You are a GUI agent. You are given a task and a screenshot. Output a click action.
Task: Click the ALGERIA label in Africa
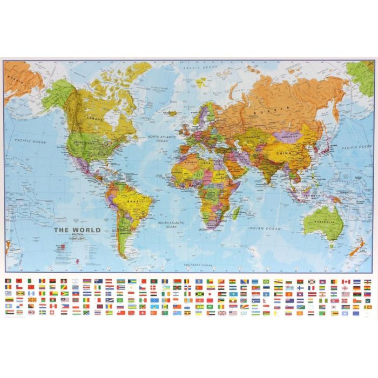coord(190,161)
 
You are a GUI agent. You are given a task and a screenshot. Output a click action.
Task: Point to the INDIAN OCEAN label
coord(264,228)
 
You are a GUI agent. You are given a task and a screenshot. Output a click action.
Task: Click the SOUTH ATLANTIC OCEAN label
coord(171,225)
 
